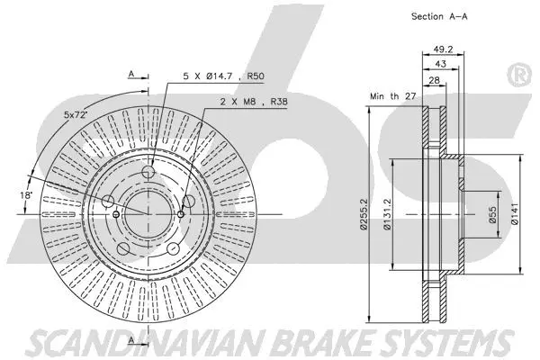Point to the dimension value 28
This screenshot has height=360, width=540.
(434, 82)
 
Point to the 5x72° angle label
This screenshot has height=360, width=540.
(76, 115)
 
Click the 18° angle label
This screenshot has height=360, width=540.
(27, 194)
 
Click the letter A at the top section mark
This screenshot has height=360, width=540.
(130, 75)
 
